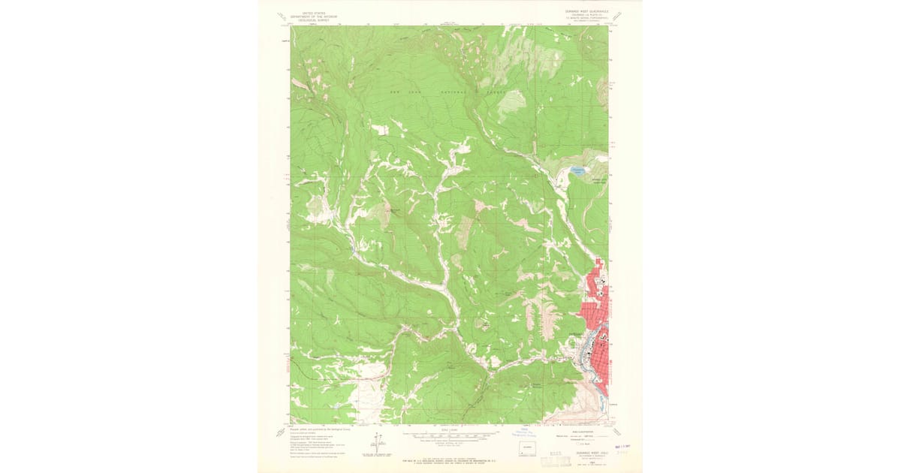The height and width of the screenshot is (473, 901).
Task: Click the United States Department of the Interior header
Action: (x=315, y=16)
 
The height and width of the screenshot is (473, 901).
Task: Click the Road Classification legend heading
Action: (x=583, y=432)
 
